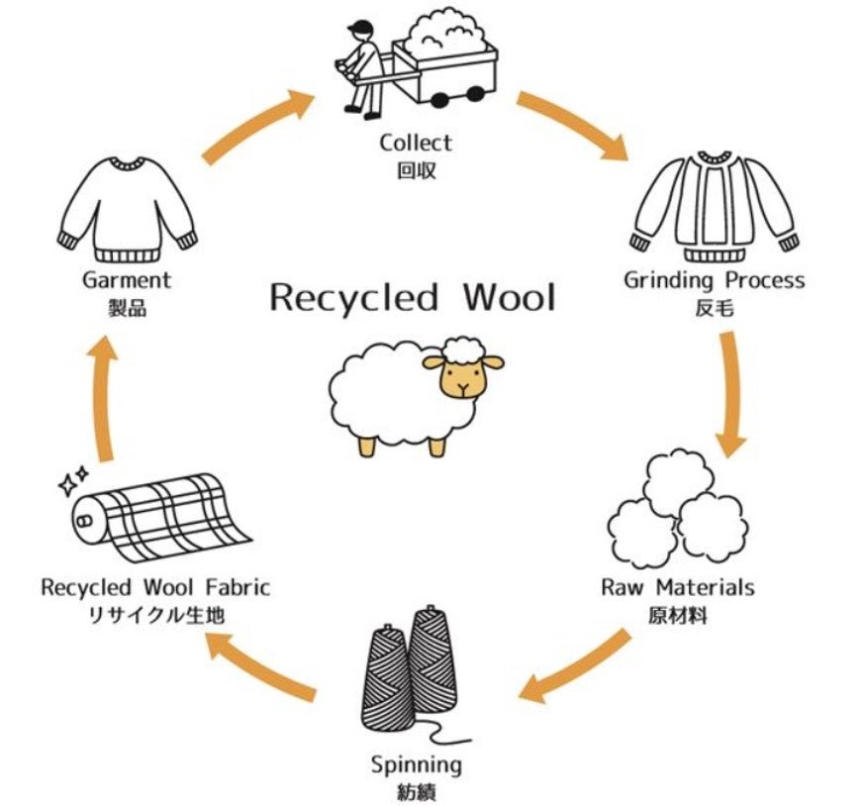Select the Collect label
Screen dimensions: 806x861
tap(416, 144)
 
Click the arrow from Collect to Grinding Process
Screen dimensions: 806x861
tap(573, 125)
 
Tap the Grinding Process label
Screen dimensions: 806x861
tap(714, 280)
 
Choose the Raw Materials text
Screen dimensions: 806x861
tap(678, 587)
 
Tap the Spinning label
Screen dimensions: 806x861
tap(416, 764)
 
